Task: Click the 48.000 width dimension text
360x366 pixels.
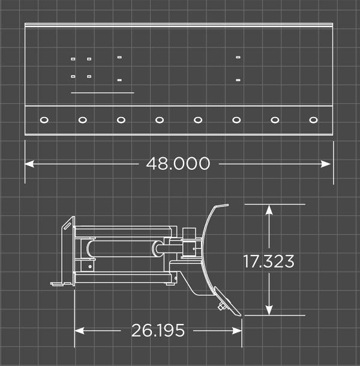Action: point(178,163)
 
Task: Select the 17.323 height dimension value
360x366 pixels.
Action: point(269,262)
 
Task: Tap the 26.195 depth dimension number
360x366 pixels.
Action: point(158,331)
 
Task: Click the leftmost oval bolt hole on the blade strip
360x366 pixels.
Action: point(44,120)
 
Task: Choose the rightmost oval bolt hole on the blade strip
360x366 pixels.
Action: point(313,120)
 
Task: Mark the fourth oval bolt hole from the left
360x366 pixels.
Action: point(160,120)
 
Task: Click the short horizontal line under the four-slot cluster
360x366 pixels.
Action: point(102,93)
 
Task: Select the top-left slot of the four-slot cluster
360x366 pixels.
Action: point(73,59)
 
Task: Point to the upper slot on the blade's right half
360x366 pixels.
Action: point(238,57)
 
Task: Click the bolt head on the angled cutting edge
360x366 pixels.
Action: point(223,306)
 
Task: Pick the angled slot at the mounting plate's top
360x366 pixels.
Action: point(67,226)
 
